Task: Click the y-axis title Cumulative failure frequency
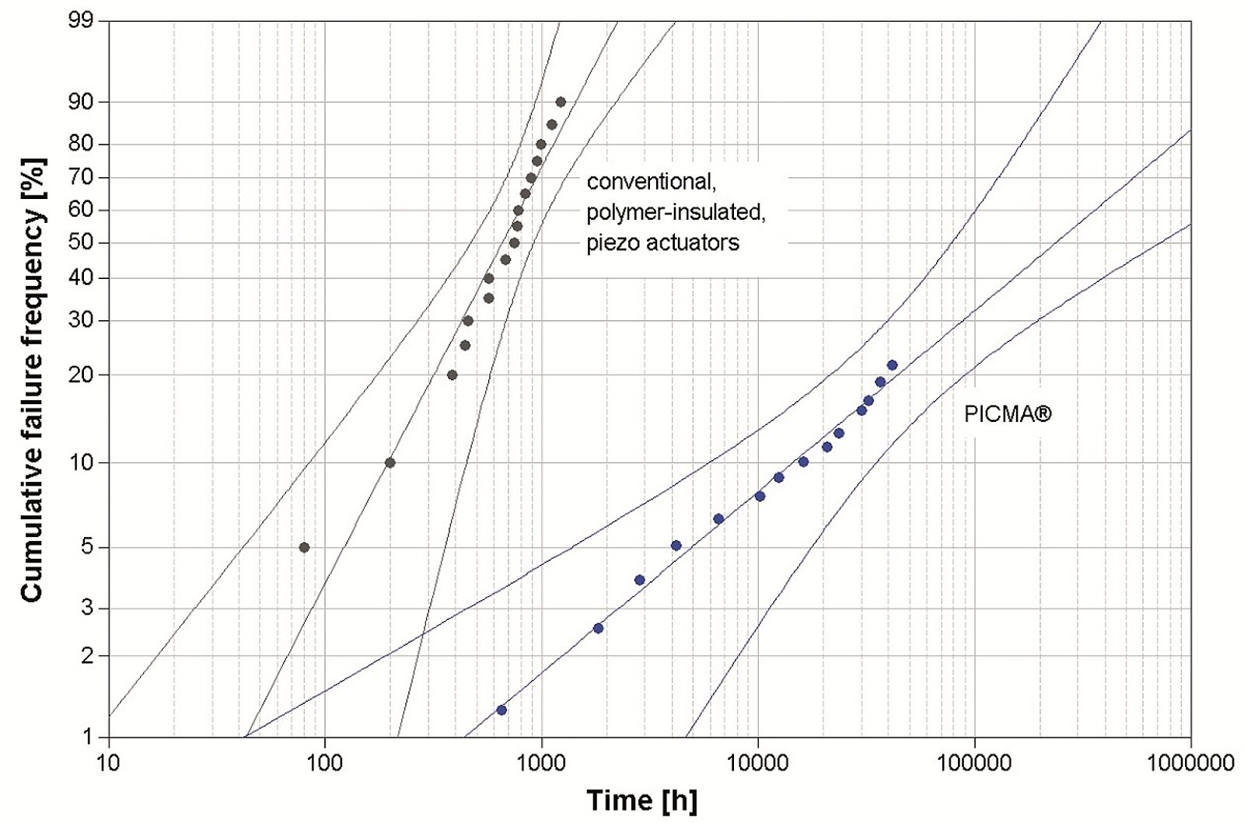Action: click(x=32, y=380)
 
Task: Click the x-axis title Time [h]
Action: click(x=641, y=800)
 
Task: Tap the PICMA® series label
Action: click(x=1008, y=414)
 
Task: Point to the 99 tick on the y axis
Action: click(x=82, y=21)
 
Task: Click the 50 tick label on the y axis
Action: click(x=82, y=242)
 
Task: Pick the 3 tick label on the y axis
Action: click(x=87, y=609)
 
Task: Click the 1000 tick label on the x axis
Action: click(x=541, y=763)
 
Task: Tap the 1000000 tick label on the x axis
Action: click(x=1190, y=763)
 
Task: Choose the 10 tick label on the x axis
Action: click(x=109, y=763)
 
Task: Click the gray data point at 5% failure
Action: click(x=304, y=547)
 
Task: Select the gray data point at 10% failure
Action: click(x=390, y=462)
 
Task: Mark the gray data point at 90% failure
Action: click(x=561, y=102)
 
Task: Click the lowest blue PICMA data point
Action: click(x=501, y=710)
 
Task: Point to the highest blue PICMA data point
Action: click(x=892, y=365)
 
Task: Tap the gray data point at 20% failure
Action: click(x=452, y=375)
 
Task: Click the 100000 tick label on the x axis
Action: click(x=974, y=763)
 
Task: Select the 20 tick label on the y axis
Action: click(x=82, y=375)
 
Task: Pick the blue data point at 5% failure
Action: click(x=676, y=546)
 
